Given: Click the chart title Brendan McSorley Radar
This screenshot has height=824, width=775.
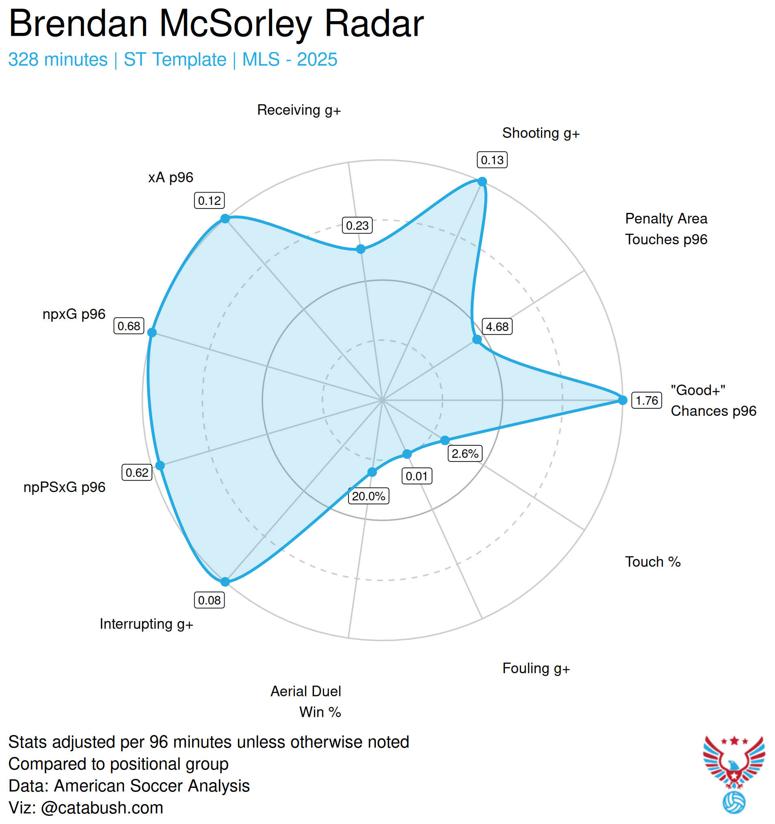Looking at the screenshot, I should tap(216, 24).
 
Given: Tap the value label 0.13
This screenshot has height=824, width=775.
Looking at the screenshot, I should tap(492, 160).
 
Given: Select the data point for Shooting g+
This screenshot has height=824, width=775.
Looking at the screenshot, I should tap(482, 182).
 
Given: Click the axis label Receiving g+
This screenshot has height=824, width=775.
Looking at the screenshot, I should tap(299, 110).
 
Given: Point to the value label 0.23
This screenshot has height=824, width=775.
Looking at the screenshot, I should tap(357, 226).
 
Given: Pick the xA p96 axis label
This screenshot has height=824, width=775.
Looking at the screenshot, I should tap(171, 178).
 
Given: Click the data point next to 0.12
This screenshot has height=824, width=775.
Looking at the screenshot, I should tap(225, 219).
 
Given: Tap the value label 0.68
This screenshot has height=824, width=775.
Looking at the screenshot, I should tap(129, 326).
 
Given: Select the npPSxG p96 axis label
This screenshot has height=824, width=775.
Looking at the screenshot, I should tap(65, 487).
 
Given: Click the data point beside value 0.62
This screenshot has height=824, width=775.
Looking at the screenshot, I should tap(160, 466).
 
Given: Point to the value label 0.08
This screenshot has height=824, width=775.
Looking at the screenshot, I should tap(209, 600).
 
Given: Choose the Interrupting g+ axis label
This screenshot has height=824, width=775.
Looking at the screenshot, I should tap(146, 624).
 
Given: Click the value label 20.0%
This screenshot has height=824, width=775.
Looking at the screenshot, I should tap(368, 496).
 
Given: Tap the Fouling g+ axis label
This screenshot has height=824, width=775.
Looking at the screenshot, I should tap(536, 668).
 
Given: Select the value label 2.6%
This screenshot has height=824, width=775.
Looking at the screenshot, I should tap(465, 453).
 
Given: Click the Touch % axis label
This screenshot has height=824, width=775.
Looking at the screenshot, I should tap(653, 562).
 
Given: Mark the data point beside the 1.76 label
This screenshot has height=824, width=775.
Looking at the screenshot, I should tap(623, 400).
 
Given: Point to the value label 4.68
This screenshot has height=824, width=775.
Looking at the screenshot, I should tap(497, 327).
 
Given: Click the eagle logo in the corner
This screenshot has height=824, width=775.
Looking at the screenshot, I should tap(734, 768).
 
